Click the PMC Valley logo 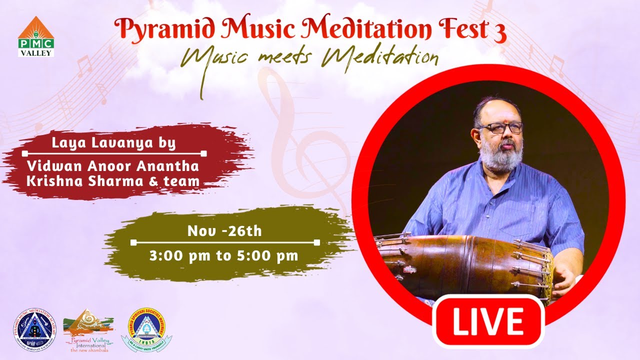(x=36, y=36)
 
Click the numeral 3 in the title (x=500, y=31)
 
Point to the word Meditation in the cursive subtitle (x=380, y=57)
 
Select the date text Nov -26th (x=224, y=231)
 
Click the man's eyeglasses (x=500, y=127)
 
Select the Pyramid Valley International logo (x=88, y=330)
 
